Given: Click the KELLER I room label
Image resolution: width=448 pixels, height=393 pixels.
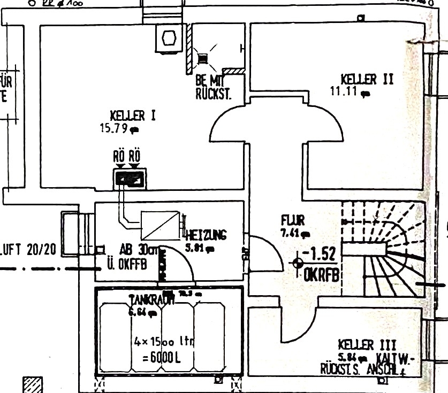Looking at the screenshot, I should (133, 115).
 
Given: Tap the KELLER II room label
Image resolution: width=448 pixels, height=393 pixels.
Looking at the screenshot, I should (367, 80).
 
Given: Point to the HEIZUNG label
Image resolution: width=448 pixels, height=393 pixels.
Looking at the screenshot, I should (207, 235).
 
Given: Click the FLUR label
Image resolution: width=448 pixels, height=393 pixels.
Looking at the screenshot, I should (293, 220).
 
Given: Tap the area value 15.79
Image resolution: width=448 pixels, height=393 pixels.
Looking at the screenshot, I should (116, 128).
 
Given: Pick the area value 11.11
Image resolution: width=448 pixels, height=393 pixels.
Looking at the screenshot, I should (346, 91).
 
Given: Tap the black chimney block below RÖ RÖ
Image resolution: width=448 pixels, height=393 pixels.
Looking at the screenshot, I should (130, 179).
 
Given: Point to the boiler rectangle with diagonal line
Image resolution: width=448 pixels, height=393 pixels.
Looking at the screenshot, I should (160, 226).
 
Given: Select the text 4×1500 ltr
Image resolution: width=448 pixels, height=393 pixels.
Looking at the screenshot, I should (163, 340).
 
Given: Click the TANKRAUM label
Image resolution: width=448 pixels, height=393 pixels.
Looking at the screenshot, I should (151, 300).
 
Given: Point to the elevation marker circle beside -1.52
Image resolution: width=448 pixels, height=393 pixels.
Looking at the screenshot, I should (298, 263).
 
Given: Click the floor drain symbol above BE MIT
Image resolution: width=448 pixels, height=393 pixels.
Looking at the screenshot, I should (202, 59).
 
